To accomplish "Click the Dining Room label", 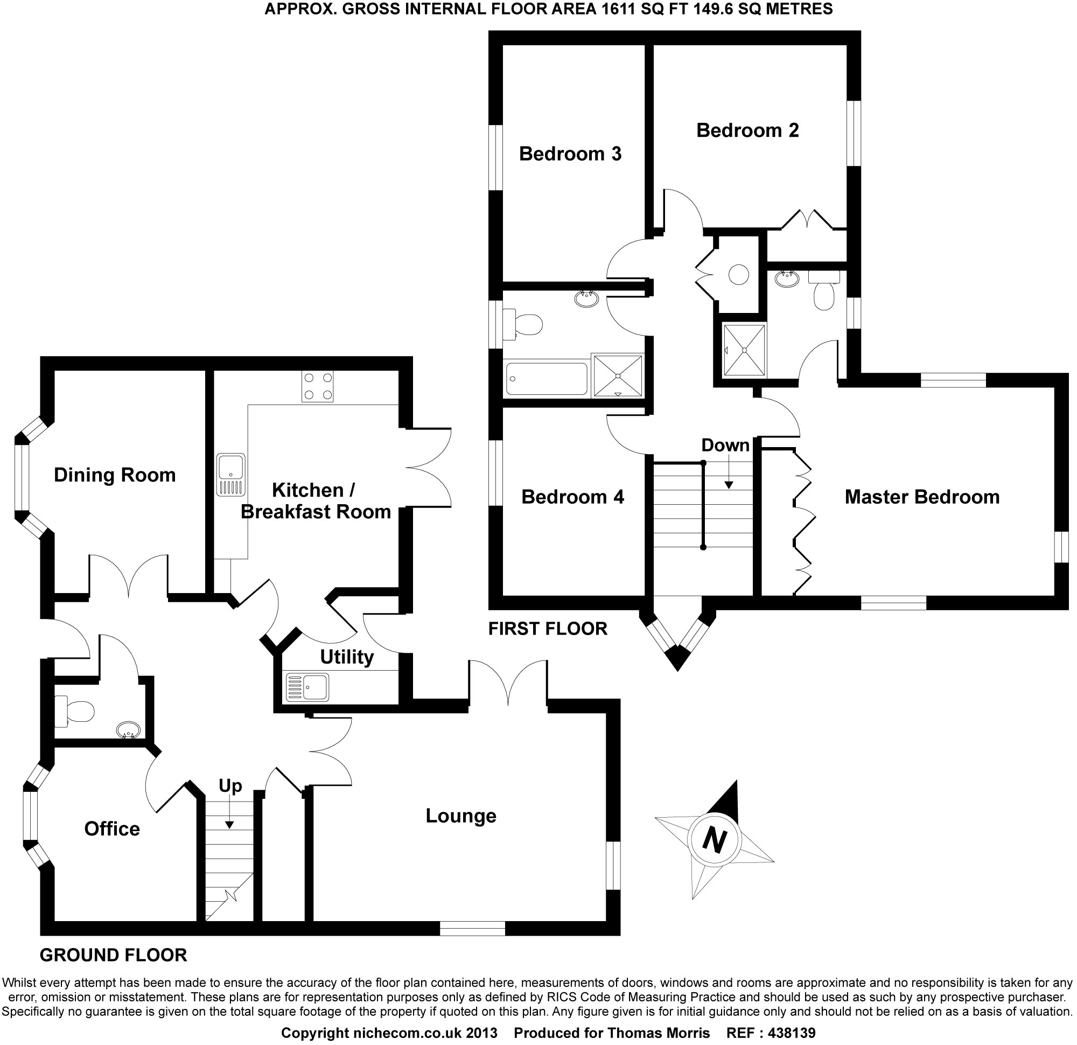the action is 114,475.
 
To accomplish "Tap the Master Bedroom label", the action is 921,497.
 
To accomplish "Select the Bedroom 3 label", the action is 570,154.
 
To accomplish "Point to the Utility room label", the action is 347,657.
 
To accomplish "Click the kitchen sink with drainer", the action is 231,475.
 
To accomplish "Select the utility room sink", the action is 307,687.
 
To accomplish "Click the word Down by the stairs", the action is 725,445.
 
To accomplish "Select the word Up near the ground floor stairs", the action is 230,786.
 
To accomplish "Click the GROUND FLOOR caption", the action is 113,955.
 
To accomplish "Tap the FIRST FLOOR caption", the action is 547,628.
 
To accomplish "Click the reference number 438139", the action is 791,1033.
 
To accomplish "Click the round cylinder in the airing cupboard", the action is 738,275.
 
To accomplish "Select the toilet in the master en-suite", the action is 824,291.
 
